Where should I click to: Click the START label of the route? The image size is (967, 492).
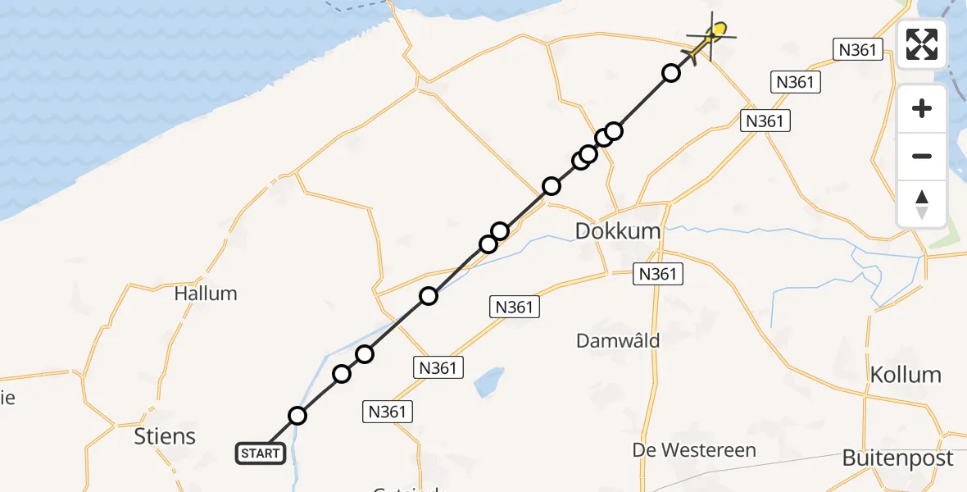261,453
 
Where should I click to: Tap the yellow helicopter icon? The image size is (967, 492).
710,38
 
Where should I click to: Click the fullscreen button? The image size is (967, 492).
922,44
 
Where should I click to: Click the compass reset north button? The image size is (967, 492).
922,203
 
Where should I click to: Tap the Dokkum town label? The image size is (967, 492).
617,231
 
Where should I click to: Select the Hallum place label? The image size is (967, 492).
206,294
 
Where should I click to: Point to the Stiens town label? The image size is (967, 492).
165,436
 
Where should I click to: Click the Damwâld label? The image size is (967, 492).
618,340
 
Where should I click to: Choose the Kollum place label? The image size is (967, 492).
905,375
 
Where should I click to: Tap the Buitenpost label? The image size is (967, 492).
898,458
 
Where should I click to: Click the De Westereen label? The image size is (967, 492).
694,450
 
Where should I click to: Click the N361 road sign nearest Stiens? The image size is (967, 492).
388,411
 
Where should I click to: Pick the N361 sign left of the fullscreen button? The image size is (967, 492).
858,49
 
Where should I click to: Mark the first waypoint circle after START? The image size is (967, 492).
297,416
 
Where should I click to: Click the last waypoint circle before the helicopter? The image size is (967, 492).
671,73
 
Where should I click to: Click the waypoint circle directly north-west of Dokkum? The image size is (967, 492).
552,186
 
